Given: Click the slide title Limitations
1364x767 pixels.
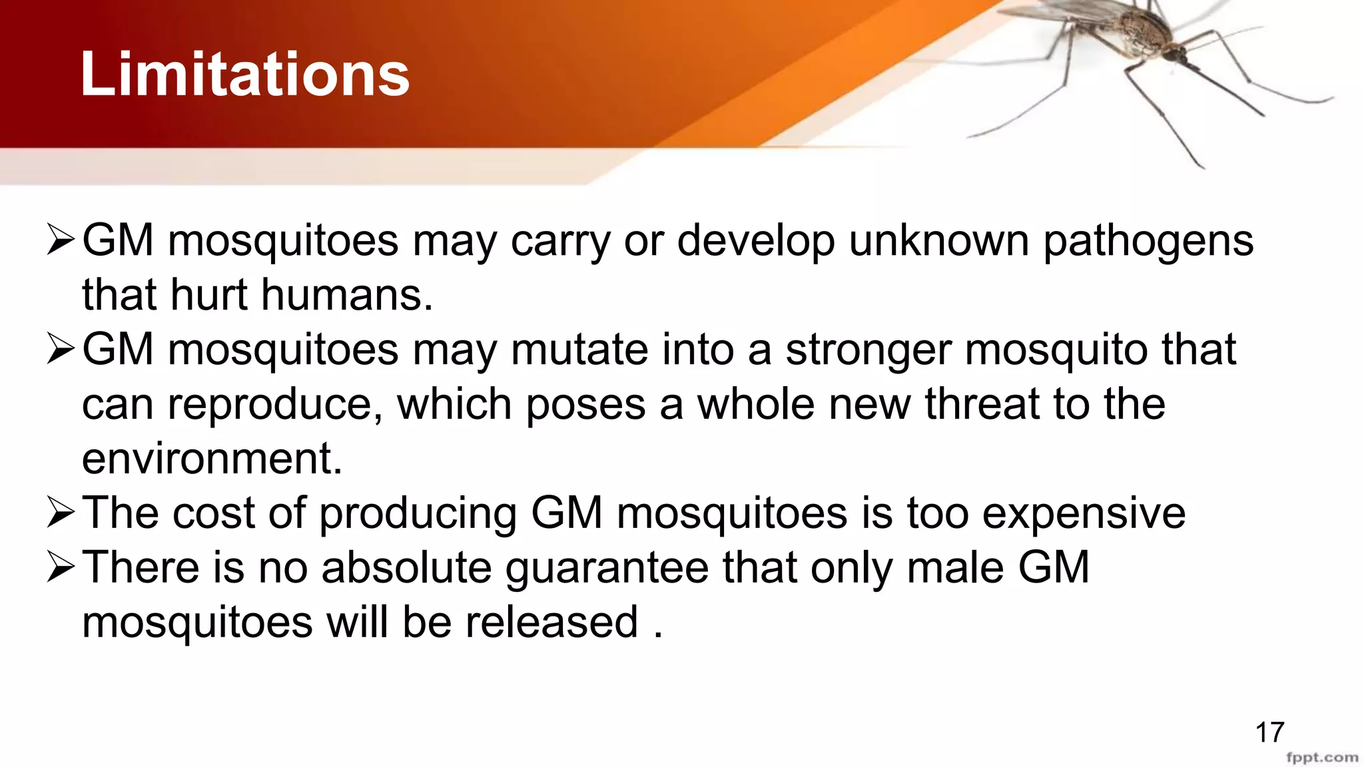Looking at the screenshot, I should [244, 75].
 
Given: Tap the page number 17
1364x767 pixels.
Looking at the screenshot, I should [1269, 733].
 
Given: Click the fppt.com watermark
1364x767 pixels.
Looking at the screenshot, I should [1322, 758].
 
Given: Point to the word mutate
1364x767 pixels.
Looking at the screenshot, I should [579, 350].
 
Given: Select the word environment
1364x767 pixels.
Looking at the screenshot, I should [212, 459].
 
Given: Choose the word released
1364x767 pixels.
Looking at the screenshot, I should [551, 623].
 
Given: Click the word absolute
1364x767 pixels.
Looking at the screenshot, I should [406, 568].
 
